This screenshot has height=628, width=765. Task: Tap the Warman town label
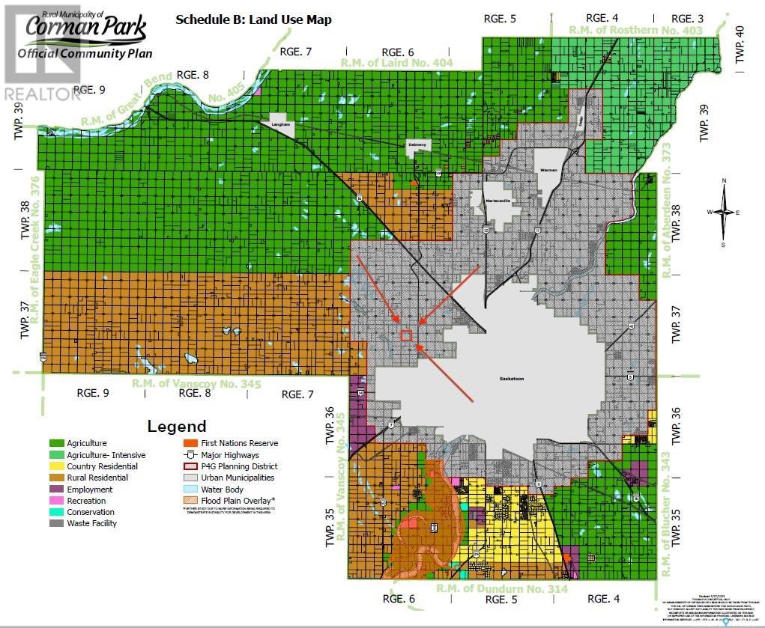[550, 171]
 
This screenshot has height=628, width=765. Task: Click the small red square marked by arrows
[406, 335]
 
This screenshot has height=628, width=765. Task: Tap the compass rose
[724, 212]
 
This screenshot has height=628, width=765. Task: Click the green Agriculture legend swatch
[55, 443]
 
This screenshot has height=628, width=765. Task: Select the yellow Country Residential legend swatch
[55, 466]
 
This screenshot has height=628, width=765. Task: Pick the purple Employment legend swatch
[55, 490]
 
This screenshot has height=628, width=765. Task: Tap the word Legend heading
[177, 427]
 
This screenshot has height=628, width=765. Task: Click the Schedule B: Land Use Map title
[253, 19]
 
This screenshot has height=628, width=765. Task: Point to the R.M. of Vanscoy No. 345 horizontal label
[197, 384]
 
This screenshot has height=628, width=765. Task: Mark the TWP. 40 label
[740, 43]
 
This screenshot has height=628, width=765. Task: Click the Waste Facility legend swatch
[55, 523]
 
